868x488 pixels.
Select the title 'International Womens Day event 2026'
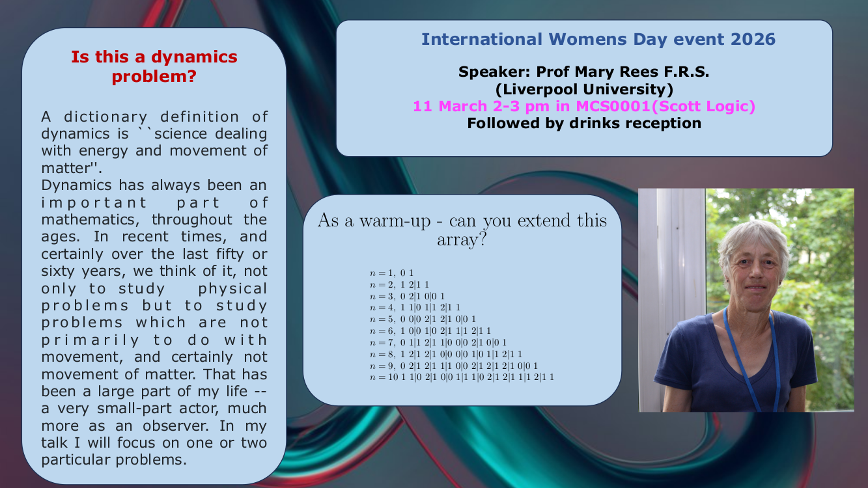pos(598,39)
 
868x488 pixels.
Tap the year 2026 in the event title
pos(753,39)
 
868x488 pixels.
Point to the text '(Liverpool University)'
pos(584,89)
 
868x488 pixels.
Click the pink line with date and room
pos(584,106)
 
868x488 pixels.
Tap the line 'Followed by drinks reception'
pos(584,123)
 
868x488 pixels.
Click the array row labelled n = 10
pos(461,377)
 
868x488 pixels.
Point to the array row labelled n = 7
pos(438,342)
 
